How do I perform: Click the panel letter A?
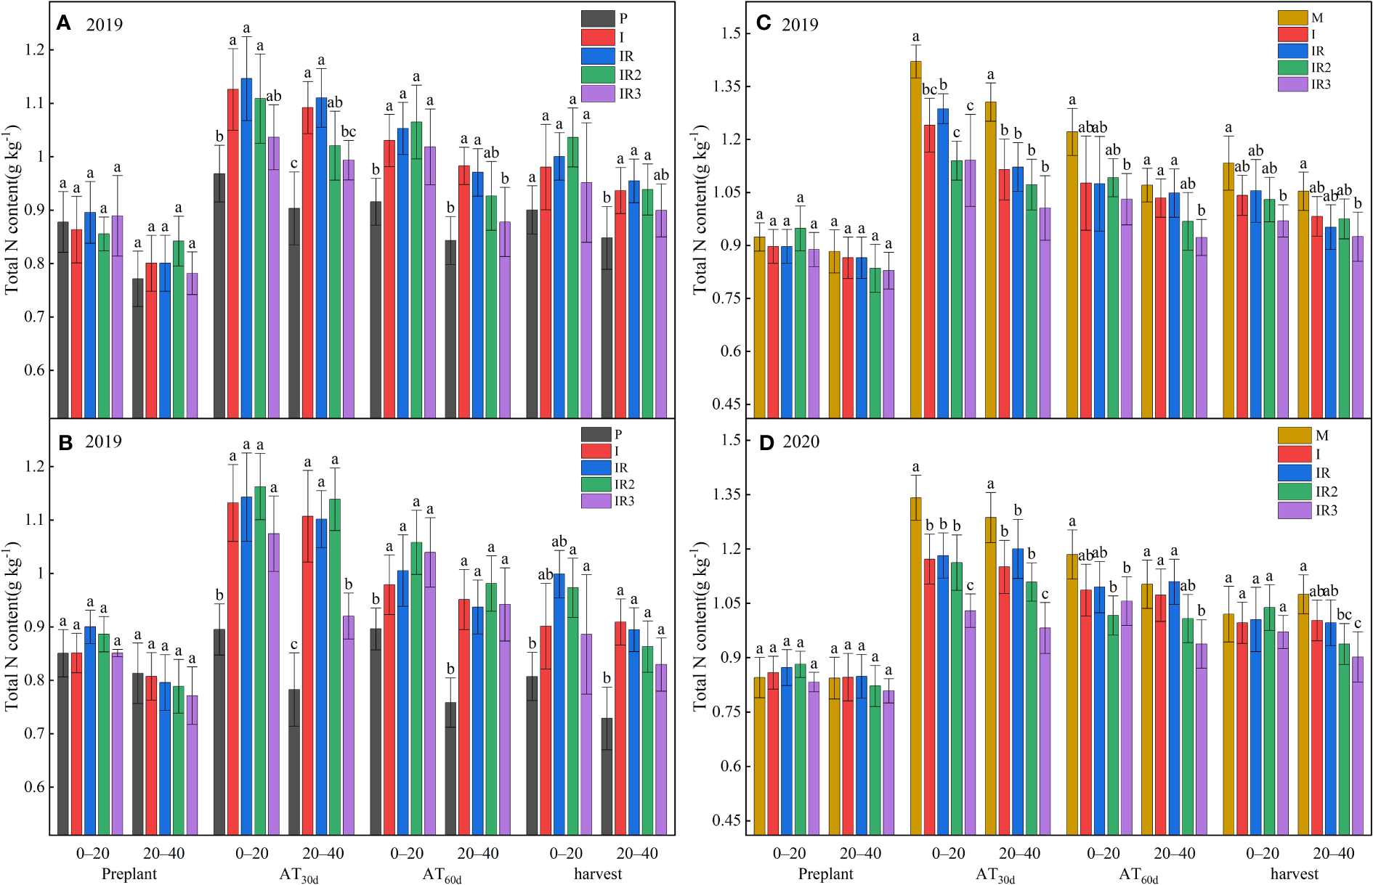pos(64,24)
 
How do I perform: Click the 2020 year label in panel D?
pos(801,442)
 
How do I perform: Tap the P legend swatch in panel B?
pos(596,434)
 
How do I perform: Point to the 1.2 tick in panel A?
pos(35,50)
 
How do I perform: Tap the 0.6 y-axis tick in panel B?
pos(35,787)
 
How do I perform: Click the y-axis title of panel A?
pos(12,211)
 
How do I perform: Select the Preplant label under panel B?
pos(129,873)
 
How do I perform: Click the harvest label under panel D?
pos(1294,873)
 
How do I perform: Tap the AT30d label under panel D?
pos(995,875)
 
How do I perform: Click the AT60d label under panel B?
pos(442,875)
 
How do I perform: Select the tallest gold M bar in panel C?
pos(915,240)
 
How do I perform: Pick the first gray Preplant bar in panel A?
pos(63,319)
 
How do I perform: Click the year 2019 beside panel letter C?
pos(799,25)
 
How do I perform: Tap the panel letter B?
pos(65,442)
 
